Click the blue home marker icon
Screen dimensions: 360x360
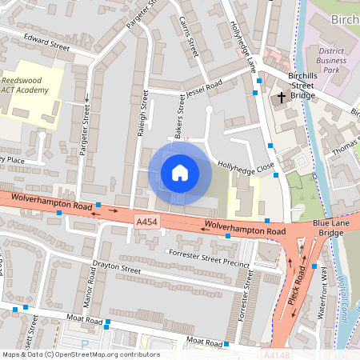180,173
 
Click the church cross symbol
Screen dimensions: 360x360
281,98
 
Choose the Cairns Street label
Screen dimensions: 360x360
189,36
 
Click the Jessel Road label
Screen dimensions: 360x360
205,86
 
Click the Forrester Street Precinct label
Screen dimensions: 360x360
210,258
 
